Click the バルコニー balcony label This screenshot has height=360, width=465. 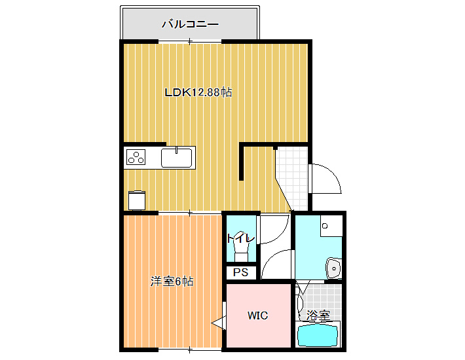coord(190,24)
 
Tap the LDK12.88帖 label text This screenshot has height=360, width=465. coord(198,92)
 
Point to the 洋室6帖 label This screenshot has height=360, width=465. coord(172,281)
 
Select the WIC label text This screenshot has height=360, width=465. coord(257,315)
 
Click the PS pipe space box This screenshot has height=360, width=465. coord(241,272)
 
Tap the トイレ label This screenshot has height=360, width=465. coord(240,238)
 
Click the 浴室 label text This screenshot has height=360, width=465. coord(318,315)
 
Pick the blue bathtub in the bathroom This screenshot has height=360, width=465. coord(318,335)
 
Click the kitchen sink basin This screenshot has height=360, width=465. coord(176,158)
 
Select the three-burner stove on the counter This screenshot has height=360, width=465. coord(136,157)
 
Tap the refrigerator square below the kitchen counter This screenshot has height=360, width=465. coord(137,201)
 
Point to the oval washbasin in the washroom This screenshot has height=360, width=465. coord(333,268)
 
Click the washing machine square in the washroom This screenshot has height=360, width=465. coord(331,225)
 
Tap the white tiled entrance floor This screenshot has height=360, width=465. coord(292,178)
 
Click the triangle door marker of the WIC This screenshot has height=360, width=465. coord(219,322)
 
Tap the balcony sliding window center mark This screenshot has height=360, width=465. coord(190,41)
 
